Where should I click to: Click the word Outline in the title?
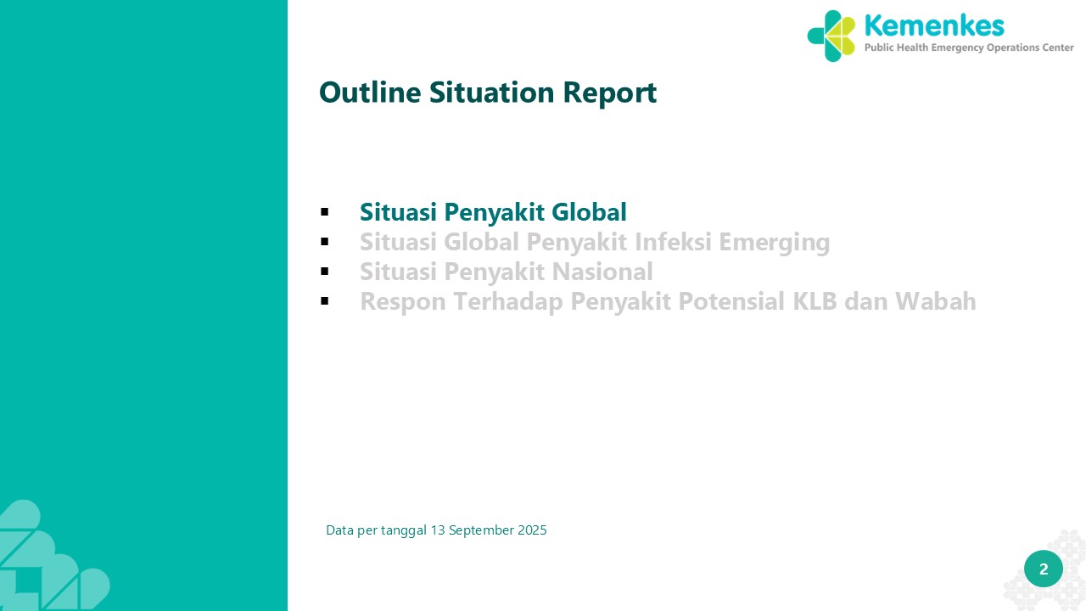point(370,92)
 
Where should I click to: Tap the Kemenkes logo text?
point(934,25)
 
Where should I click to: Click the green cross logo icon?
point(831,36)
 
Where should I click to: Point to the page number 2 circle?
point(1044,569)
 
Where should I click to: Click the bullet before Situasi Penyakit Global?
point(325,212)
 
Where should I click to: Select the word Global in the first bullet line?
point(589,212)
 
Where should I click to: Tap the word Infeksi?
point(673,242)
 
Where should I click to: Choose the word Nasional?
point(602,271)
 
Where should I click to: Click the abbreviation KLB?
point(815,301)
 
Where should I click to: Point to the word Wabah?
point(935,301)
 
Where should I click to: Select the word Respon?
point(403,302)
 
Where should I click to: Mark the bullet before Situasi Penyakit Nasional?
point(325,271)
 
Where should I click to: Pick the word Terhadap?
point(508,302)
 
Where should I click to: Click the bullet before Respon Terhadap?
point(325,301)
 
